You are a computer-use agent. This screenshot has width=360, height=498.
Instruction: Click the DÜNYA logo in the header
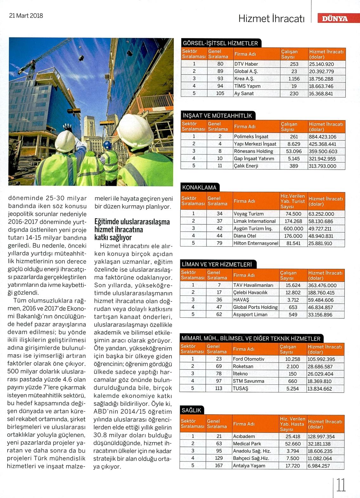point(335,18)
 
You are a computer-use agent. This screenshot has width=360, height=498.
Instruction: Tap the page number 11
point(341,485)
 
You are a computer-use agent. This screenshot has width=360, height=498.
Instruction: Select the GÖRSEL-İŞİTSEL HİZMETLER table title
point(220,43)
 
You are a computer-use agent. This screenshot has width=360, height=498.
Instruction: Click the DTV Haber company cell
point(246,64)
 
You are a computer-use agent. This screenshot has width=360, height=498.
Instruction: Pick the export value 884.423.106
point(323,137)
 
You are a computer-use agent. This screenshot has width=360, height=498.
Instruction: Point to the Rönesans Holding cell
point(253,151)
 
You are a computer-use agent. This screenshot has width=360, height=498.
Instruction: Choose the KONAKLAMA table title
point(199,188)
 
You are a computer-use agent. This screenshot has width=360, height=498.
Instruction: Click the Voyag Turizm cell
point(248,214)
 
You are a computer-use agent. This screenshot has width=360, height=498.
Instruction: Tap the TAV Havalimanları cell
point(253,285)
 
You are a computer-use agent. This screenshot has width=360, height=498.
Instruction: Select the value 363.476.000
point(322,285)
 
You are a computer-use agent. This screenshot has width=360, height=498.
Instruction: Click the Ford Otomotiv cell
point(248,359)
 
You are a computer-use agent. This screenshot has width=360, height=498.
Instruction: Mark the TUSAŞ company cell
point(240,388)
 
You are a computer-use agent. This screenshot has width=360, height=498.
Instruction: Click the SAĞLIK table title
point(192,410)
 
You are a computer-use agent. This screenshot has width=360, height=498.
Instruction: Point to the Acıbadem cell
point(244,436)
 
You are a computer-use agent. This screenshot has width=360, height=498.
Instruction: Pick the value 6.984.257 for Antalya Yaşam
point(319,466)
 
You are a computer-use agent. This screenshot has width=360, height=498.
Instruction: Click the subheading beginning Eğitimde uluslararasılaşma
point(132,229)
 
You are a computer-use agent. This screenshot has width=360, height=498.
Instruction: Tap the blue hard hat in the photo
point(107,145)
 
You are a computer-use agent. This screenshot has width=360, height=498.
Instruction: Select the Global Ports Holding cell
point(255,307)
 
